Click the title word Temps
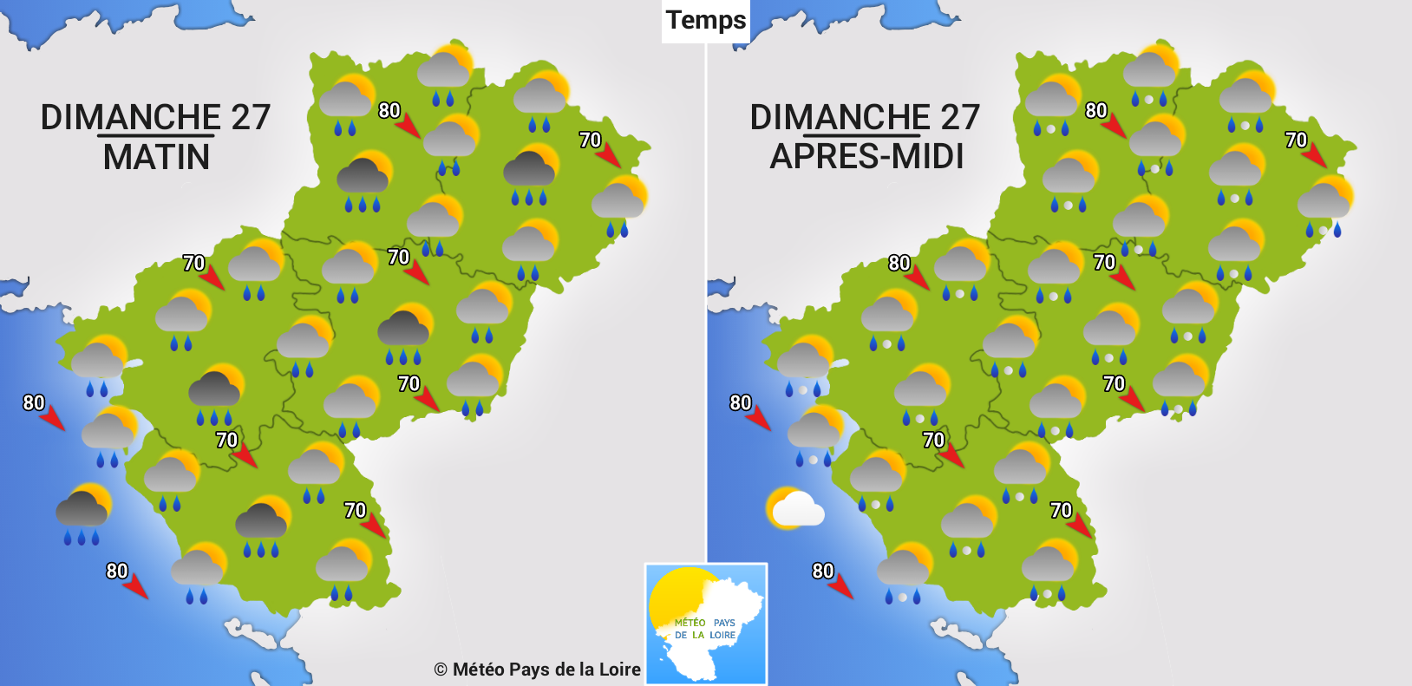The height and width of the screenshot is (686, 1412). point(706,20)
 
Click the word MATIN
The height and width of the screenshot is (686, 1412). point(156,157)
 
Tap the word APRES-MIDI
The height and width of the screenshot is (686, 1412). point(866,156)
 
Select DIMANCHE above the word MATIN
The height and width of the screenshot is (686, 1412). point(131,117)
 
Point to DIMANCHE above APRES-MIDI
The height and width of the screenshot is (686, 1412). point(840,117)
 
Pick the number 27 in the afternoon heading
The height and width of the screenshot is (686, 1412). point(960,117)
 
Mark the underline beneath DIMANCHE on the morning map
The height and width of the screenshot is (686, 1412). point(155,135)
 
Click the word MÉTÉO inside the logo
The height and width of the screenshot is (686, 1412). point(690,623)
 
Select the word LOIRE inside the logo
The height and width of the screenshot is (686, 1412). point(722,635)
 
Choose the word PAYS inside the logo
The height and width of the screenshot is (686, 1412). point(724,623)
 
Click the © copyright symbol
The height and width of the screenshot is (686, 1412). point(441,670)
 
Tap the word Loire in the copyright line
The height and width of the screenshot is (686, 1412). point(619,670)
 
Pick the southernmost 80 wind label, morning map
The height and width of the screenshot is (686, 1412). point(117,571)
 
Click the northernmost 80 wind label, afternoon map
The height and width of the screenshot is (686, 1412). point(1096,110)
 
